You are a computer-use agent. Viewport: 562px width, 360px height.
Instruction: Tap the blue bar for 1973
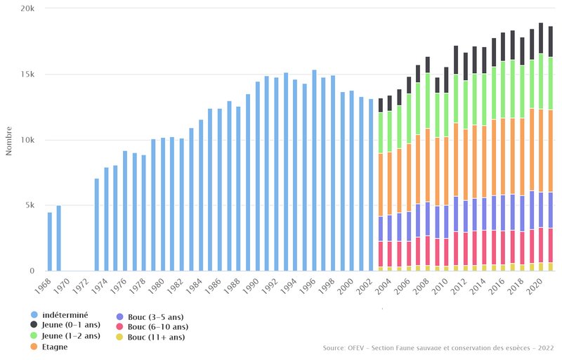click(97, 224)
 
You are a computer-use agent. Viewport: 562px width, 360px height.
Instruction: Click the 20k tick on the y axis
click(29, 8)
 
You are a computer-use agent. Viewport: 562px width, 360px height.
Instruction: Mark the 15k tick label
click(29, 75)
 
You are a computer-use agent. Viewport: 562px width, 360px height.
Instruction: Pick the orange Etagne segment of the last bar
click(551, 150)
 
